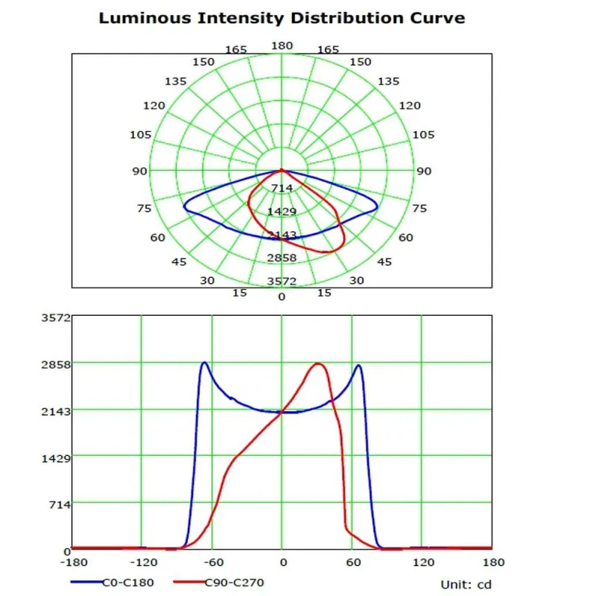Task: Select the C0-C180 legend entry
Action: coord(127,583)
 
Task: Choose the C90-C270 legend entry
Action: coord(232,583)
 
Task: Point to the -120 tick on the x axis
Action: coord(142,562)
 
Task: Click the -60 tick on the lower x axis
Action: coord(212,562)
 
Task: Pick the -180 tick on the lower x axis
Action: coord(72,562)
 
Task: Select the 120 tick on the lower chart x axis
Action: coord(422,562)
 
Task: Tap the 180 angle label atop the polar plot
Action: coord(282,46)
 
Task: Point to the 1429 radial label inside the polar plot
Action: coord(282,212)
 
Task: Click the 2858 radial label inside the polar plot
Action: coord(282,258)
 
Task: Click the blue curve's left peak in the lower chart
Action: coord(203,363)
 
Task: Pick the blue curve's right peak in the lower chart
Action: coord(359,365)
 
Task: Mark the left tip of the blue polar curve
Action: coord(183,208)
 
